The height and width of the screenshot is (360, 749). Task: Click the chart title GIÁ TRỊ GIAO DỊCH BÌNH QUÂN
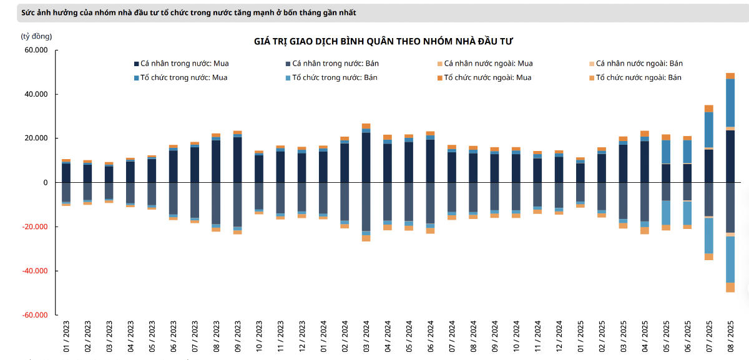[383, 41]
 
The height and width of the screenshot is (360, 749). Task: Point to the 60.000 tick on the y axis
[36, 51]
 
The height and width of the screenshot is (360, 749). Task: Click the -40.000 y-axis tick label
[35, 271]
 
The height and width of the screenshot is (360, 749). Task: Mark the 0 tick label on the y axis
[45, 183]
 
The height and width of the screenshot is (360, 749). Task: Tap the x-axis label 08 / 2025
[730, 336]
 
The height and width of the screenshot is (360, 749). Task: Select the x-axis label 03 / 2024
[366, 336]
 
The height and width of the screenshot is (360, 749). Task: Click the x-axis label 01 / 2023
[66, 336]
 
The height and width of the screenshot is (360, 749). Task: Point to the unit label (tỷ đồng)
[37, 36]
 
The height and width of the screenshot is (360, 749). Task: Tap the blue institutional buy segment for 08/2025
[730, 103]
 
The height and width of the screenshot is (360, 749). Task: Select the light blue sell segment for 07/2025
[709, 235]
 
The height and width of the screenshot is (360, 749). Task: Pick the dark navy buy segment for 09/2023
[238, 160]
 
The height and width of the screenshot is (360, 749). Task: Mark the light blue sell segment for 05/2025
[666, 213]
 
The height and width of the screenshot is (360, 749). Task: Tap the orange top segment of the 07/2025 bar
[709, 109]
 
